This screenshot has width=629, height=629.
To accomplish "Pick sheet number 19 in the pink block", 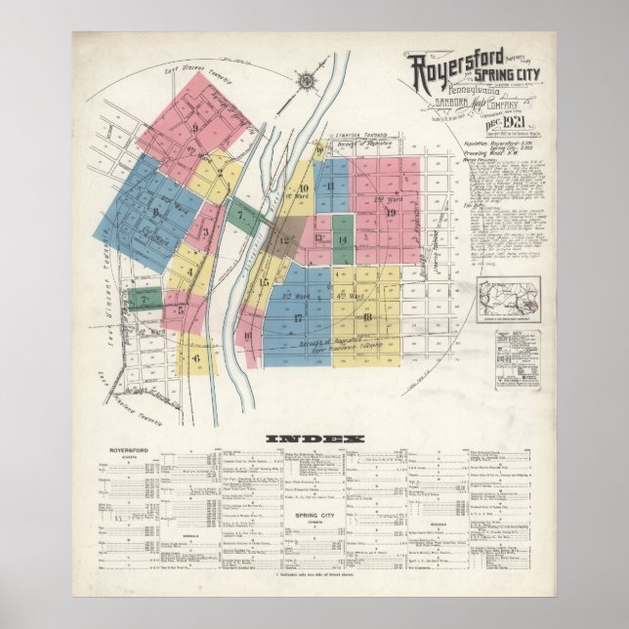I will coord(390,212).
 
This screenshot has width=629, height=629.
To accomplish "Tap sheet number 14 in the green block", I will coord(342,239).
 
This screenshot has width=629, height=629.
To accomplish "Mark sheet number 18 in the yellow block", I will coord(367,316).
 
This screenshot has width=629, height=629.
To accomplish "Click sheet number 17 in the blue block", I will coord(298,317).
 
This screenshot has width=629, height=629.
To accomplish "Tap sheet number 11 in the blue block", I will coord(332,186).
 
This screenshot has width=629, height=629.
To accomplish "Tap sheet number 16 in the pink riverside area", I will coord(248,336).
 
